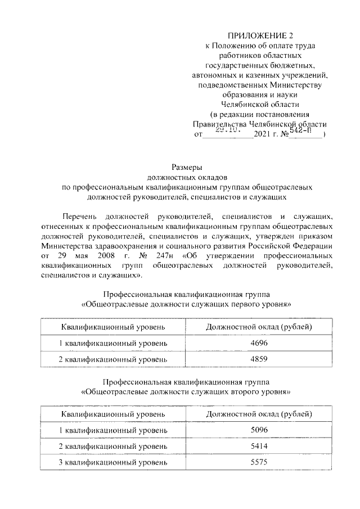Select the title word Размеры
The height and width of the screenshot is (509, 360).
click(x=186, y=167)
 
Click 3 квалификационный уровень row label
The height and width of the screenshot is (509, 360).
click(x=113, y=462)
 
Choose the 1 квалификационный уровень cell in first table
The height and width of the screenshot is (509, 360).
click(x=113, y=343)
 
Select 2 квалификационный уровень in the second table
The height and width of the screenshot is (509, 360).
click(x=113, y=447)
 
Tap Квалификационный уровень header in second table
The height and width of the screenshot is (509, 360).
click(x=113, y=415)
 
